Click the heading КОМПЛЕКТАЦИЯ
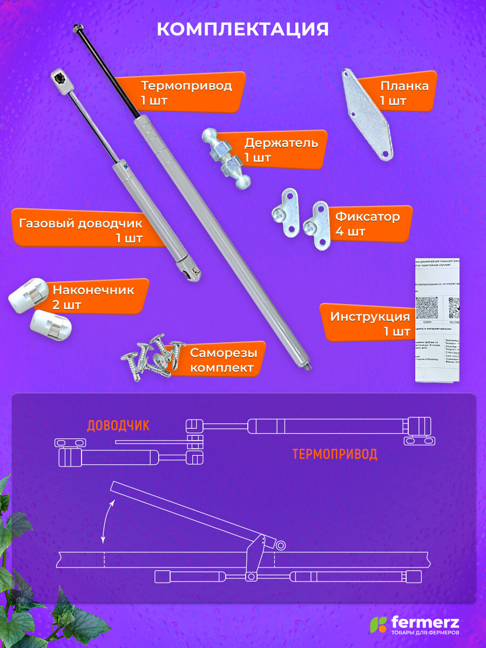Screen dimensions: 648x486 click(242, 29)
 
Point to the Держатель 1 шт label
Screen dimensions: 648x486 click(278, 150)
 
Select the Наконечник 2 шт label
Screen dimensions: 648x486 click(92, 297)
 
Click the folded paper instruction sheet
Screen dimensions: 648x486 click(437, 321)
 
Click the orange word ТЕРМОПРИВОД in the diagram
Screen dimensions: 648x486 click(335, 454)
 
